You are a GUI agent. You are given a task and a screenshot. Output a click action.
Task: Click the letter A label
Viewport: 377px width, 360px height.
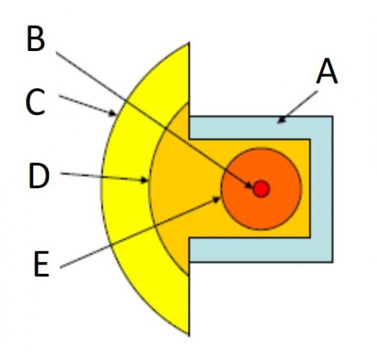click(x=327, y=71)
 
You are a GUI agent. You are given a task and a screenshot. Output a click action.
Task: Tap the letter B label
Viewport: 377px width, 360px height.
click(x=36, y=39)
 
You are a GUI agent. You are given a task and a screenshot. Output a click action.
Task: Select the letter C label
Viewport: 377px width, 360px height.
click(x=35, y=101)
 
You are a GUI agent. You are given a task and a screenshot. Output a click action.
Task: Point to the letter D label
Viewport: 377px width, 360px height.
click(x=39, y=175)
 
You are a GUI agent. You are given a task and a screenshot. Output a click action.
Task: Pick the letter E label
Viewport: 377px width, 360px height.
click(x=42, y=264)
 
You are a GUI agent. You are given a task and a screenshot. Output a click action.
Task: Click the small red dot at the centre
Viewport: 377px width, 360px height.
click(x=261, y=189)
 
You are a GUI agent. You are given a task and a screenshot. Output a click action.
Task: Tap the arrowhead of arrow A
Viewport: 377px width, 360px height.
click(x=281, y=120)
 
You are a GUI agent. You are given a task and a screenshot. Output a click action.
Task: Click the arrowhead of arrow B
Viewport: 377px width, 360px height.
click(x=249, y=185)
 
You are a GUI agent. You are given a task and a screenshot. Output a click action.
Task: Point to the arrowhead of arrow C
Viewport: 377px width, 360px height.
click(x=113, y=113)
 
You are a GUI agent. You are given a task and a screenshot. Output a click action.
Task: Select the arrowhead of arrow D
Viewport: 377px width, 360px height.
click(x=144, y=180)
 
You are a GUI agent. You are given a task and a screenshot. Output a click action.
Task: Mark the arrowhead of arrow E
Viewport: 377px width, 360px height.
click(x=216, y=199)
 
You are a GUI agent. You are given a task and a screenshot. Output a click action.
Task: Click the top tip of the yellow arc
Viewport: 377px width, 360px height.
click(x=188, y=43)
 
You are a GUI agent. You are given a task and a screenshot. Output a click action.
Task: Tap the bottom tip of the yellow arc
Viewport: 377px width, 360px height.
click(x=189, y=335)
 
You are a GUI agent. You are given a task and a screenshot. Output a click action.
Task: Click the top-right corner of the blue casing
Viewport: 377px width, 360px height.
click(x=332, y=116)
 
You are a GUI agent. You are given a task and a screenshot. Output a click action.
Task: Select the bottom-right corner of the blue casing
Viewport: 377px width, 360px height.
click(x=332, y=262)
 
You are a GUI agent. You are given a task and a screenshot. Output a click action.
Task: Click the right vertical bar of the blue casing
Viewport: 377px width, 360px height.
click(x=322, y=189)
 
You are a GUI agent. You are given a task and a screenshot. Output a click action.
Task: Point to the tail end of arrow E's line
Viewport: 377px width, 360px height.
click(x=60, y=267)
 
